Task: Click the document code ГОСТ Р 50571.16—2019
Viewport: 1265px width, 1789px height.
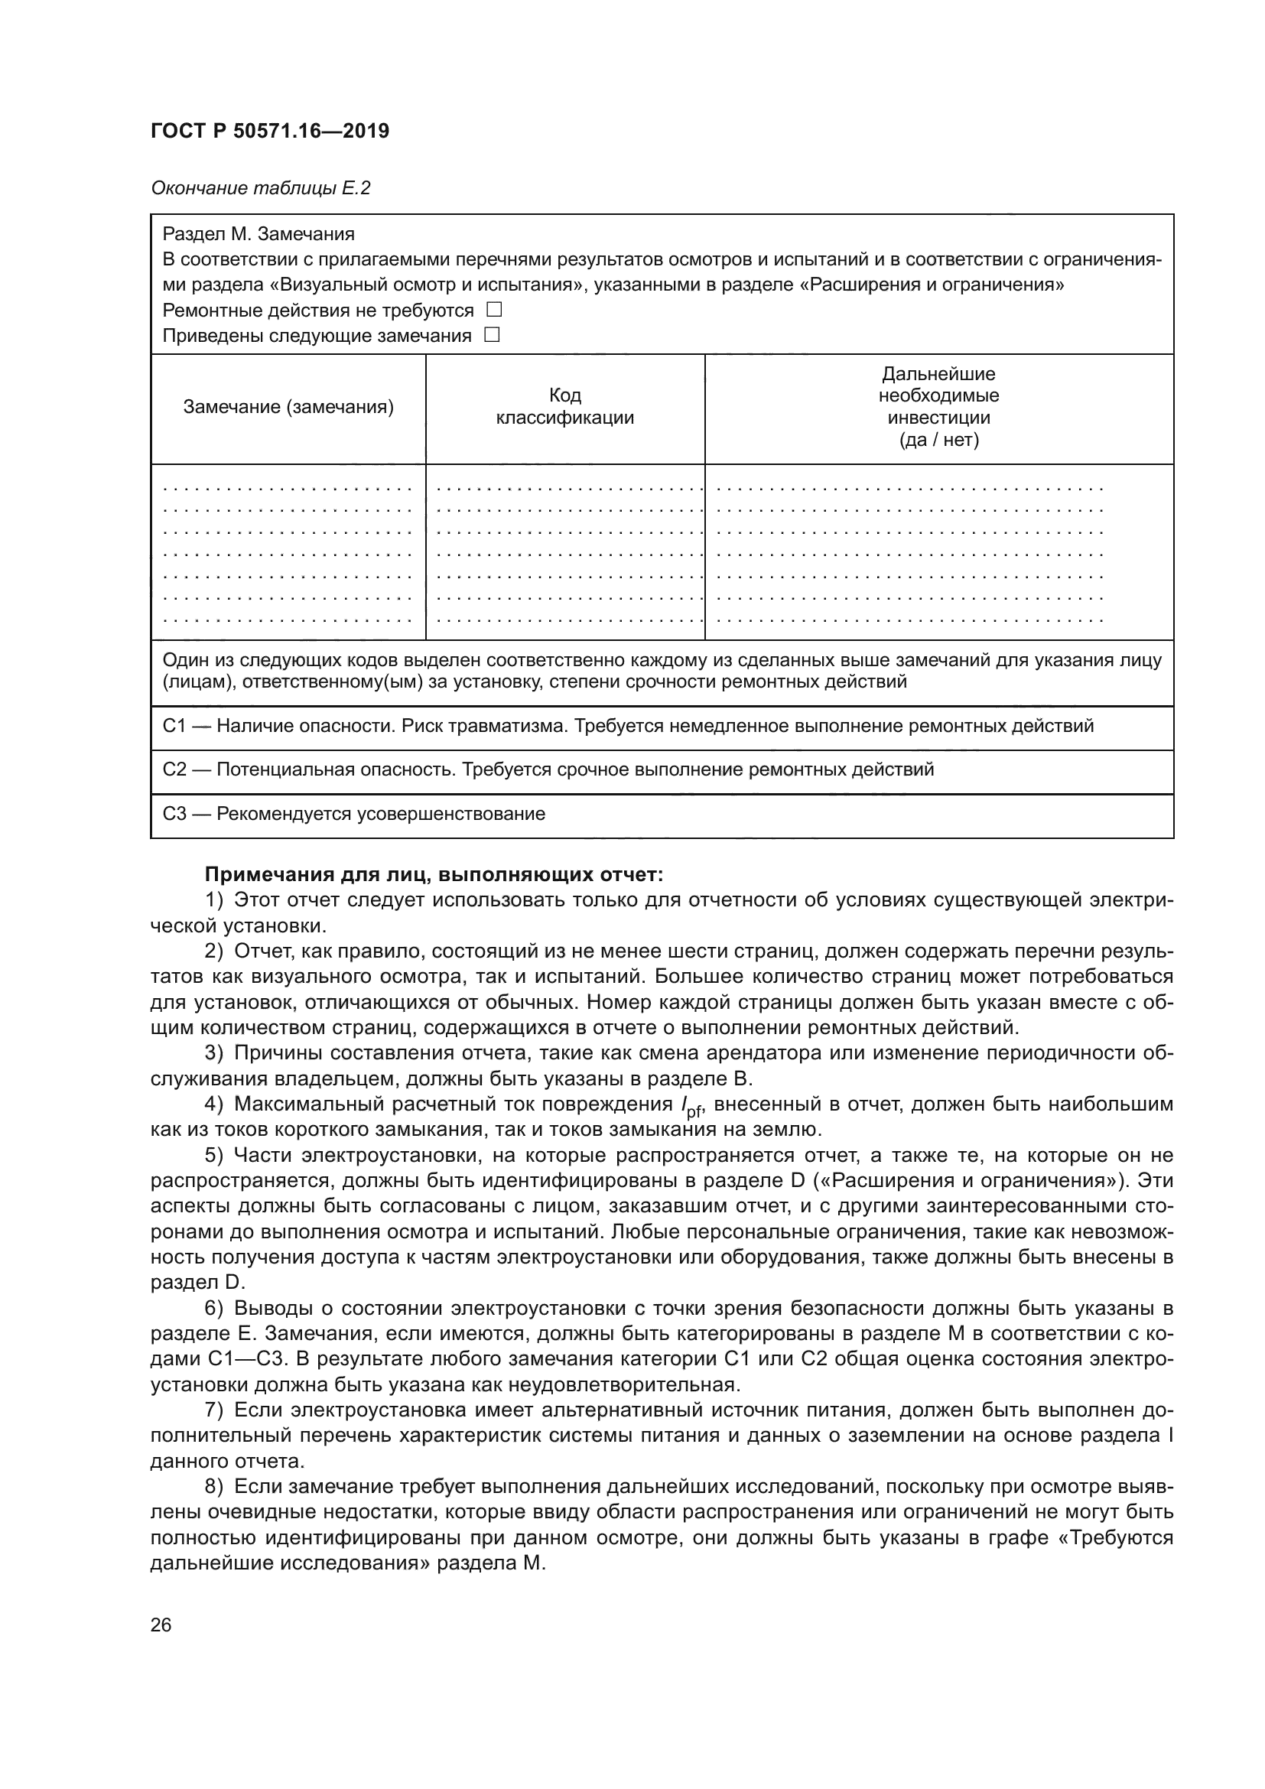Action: pos(269,131)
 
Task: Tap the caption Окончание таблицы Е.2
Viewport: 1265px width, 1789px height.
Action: pos(260,188)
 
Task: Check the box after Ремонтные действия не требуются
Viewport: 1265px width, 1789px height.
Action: pos(494,309)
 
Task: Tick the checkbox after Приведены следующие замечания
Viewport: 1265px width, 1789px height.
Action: pos(492,335)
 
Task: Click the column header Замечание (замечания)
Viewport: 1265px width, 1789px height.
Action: pos(288,407)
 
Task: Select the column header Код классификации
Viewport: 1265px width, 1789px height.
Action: pos(564,407)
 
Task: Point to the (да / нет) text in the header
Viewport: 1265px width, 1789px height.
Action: pos(938,441)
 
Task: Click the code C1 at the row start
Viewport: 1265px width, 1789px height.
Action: pos(174,726)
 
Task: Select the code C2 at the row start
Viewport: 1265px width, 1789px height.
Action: pos(174,770)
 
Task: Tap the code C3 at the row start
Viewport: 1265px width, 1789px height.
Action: pos(174,815)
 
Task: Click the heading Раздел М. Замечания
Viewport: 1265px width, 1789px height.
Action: pos(258,234)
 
